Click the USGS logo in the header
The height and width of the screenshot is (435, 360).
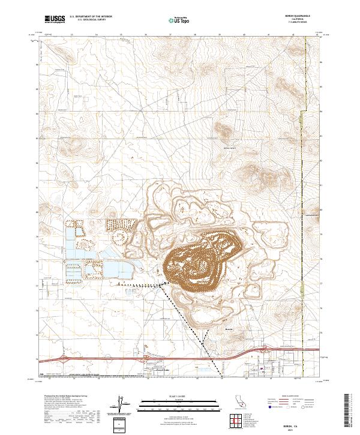click(55, 19)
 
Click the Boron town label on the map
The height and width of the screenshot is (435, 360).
click(228, 329)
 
